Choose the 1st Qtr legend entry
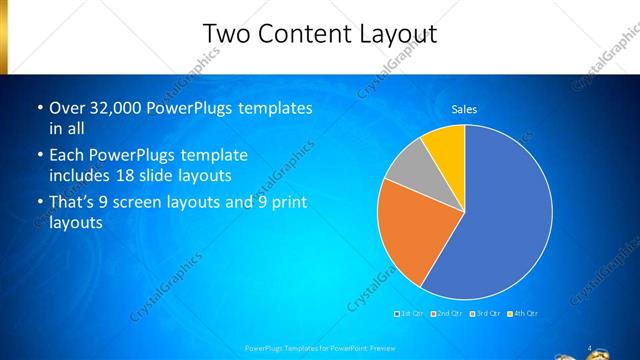point(411,314)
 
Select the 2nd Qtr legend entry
point(446,314)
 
